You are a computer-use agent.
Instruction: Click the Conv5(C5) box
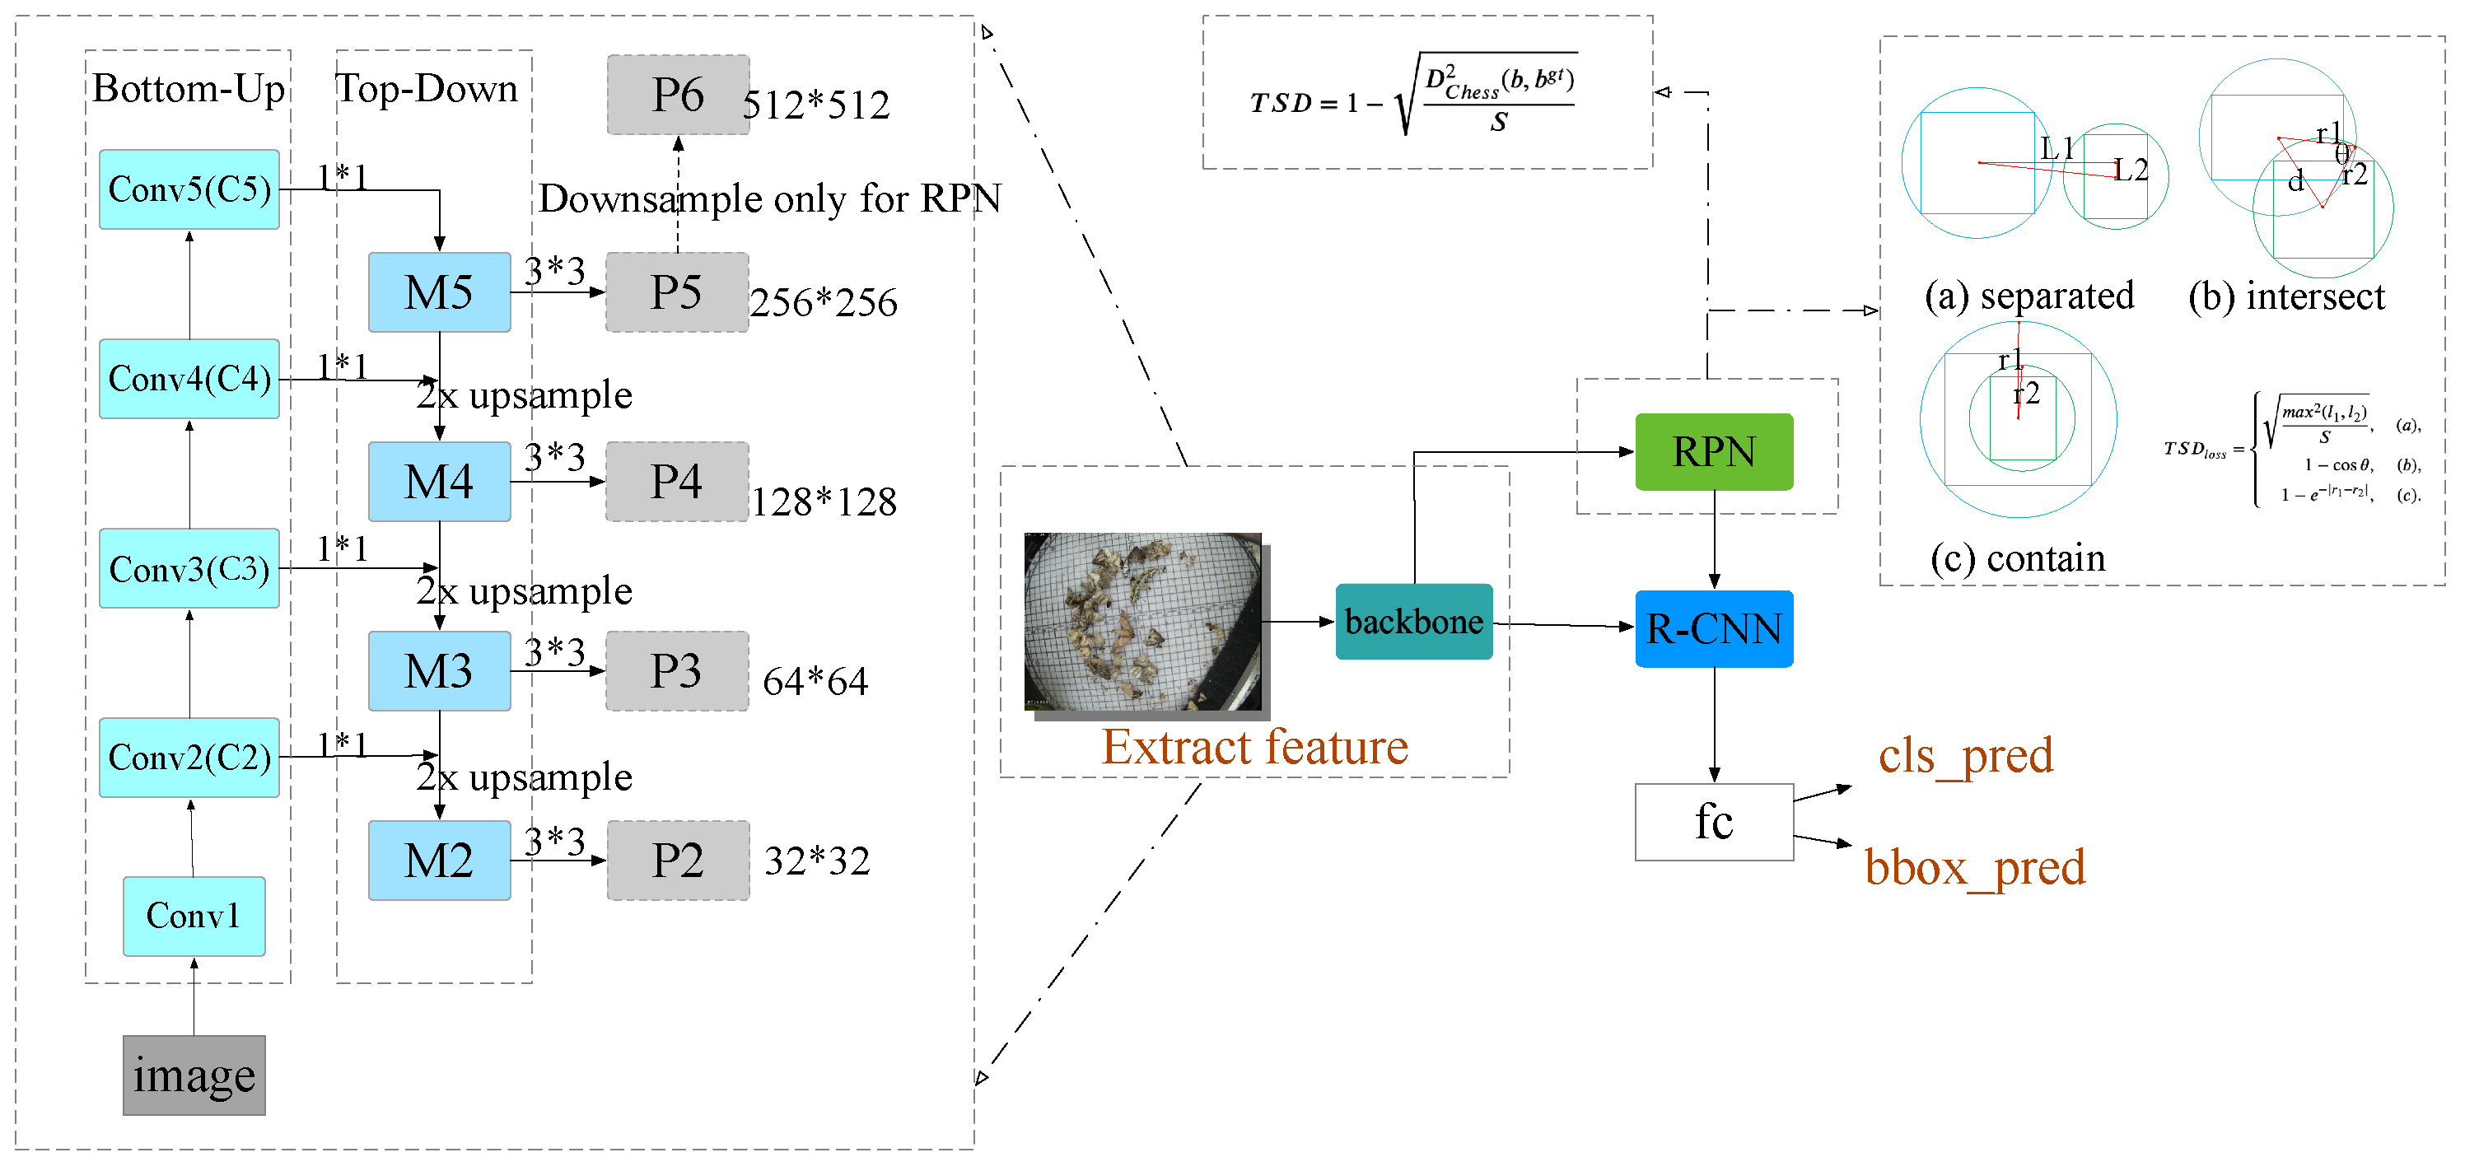189,189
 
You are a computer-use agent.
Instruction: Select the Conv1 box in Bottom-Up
194,916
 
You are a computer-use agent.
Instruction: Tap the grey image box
194,1075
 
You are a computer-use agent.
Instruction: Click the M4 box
439,481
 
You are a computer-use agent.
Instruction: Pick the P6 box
678,95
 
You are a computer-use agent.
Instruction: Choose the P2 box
678,860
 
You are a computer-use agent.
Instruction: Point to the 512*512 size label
816,105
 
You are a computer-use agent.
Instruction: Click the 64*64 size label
815,682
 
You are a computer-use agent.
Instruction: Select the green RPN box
1714,451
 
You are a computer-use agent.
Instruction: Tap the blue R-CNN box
1714,628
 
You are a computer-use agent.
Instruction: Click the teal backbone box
1413,622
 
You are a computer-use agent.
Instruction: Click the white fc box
1713,822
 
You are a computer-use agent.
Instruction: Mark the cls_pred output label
1965,756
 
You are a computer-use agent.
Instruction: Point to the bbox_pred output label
1974,868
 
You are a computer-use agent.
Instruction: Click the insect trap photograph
1143,622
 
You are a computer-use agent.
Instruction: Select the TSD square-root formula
1413,96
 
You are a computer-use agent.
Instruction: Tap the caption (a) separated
2028,296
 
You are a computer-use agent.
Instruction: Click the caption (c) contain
2017,558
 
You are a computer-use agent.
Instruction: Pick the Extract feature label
1254,747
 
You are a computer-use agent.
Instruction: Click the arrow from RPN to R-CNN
1714,540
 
